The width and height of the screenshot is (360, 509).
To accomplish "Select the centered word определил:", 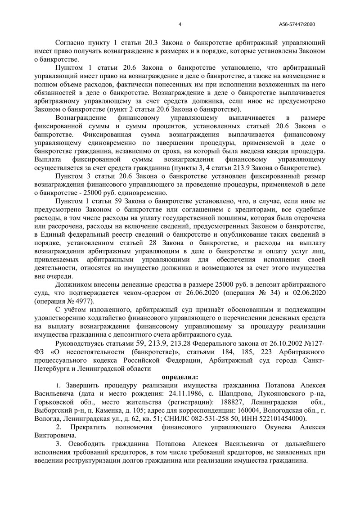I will tap(180, 377).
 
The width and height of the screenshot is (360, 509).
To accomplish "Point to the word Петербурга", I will tap(54, 369).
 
